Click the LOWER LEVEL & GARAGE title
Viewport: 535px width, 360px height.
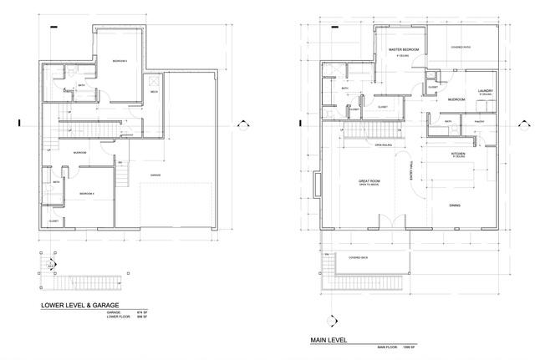tap(83, 306)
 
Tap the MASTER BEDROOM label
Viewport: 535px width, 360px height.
tap(404, 50)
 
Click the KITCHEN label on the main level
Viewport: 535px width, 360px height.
tap(458, 155)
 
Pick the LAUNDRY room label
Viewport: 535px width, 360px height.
tap(485, 90)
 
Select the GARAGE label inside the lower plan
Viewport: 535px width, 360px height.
tap(155, 175)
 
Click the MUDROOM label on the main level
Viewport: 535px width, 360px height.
tap(456, 99)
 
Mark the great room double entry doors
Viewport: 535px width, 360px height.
tap(385, 223)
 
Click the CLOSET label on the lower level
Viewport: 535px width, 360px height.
tap(53, 221)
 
